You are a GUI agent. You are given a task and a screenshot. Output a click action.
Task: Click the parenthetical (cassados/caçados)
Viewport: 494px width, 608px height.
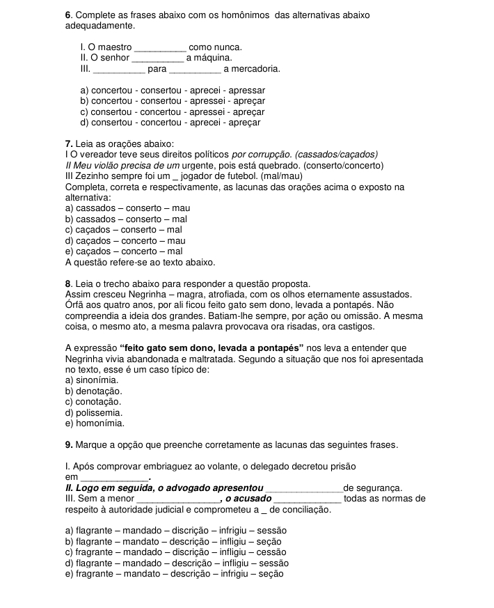tap(337, 155)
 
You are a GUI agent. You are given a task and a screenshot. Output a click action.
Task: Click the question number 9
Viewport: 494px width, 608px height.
tap(68, 444)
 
